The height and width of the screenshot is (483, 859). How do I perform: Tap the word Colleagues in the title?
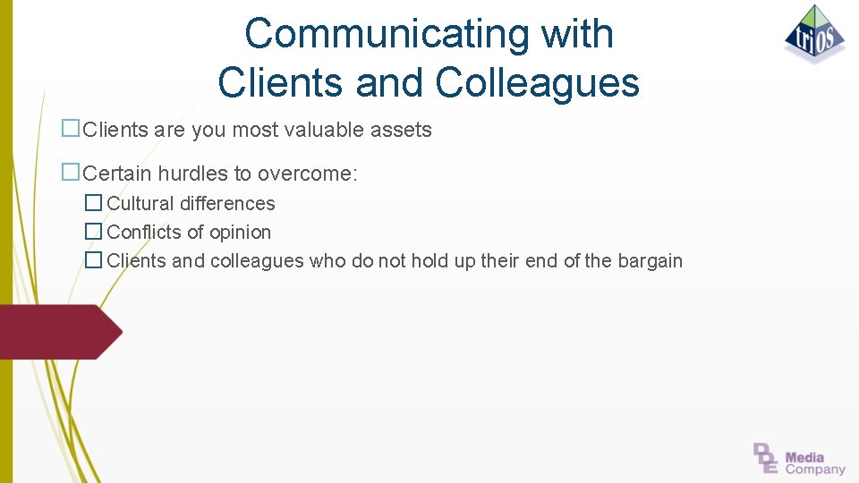click(538, 82)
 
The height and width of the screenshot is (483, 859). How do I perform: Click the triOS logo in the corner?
click(814, 34)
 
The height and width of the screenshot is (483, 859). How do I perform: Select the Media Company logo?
click(799, 459)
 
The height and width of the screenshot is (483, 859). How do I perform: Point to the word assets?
click(400, 130)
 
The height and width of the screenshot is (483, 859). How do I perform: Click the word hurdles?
click(192, 174)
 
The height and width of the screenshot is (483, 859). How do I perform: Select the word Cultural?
click(140, 204)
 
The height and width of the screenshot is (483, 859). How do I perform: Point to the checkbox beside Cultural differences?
click(93, 204)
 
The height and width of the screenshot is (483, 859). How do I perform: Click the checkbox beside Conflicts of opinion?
click(93, 233)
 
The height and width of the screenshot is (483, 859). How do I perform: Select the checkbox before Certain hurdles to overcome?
click(70, 173)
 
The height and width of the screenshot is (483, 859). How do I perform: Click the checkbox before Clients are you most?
click(70, 129)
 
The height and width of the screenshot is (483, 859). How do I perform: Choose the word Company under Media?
click(815, 469)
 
